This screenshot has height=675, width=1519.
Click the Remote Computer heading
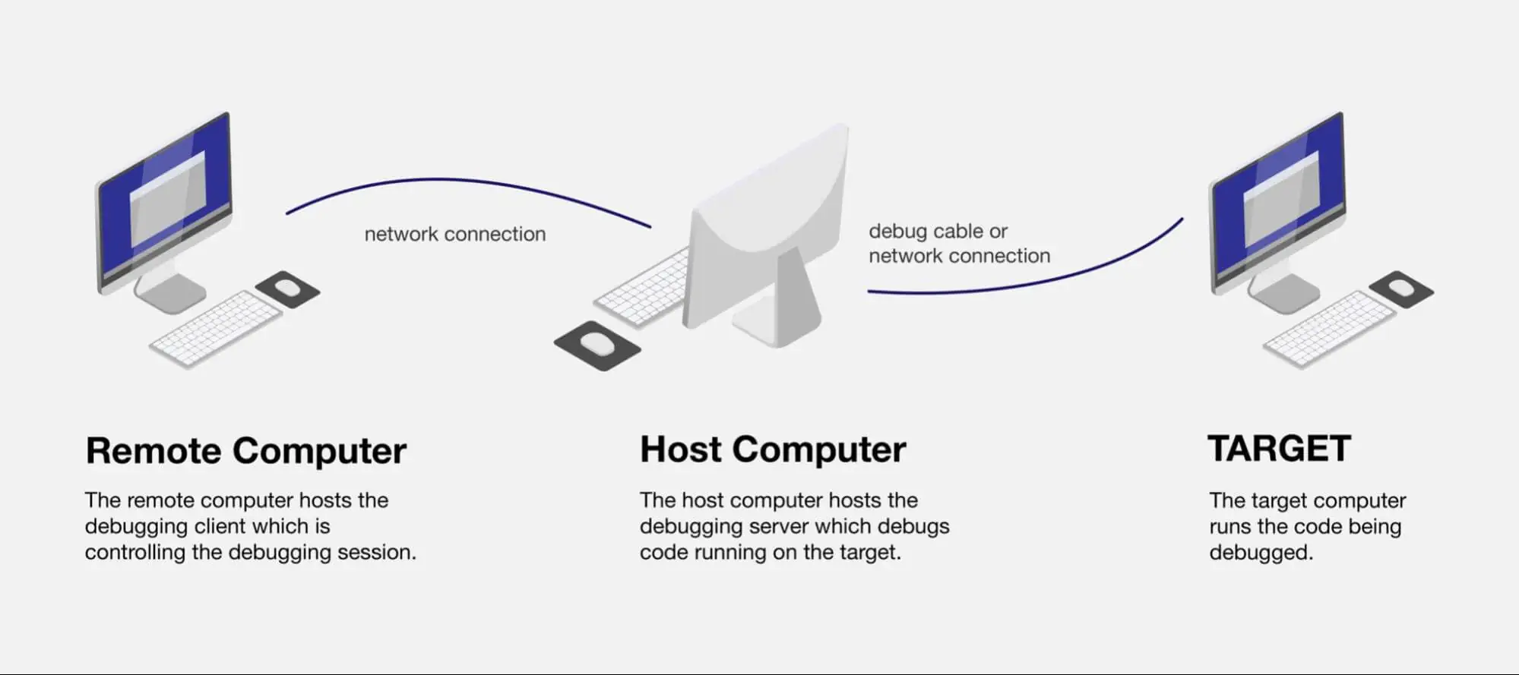coord(245,450)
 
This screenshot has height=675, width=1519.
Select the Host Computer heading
coord(773,449)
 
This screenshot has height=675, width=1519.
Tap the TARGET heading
coord(1279,449)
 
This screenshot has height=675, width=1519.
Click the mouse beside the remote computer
coord(287,288)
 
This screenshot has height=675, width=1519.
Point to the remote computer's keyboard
coord(216,329)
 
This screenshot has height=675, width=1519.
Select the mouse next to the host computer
coord(598,344)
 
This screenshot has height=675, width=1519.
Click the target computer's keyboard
coord(1330,329)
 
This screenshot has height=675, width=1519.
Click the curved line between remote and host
coord(456,181)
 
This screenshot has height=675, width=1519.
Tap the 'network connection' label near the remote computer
coord(454,234)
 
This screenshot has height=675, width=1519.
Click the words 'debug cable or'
coord(938,231)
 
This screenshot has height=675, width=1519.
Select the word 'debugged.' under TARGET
coord(1261,552)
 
